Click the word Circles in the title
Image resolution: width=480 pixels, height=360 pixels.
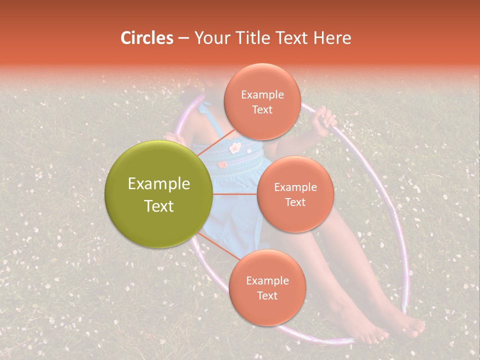pyautogui.click(x=147, y=38)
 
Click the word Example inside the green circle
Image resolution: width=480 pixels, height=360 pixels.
pyautogui.click(x=159, y=184)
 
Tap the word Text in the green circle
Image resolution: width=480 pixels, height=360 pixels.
pyautogui.click(x=159, y=206)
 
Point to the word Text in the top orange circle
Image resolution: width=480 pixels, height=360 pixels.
pyautogui.click(x=262, y=110)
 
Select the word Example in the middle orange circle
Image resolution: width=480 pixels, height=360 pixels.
pyautogui.click(x=295, y=187)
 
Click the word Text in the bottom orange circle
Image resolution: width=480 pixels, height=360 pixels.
pyautogui.click(x=267, y=295)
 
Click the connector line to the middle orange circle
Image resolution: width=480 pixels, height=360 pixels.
pyautogui.click(x=235, y=194)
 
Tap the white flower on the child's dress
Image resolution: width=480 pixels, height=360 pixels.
pyautogui.click(x=235, y=147)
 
